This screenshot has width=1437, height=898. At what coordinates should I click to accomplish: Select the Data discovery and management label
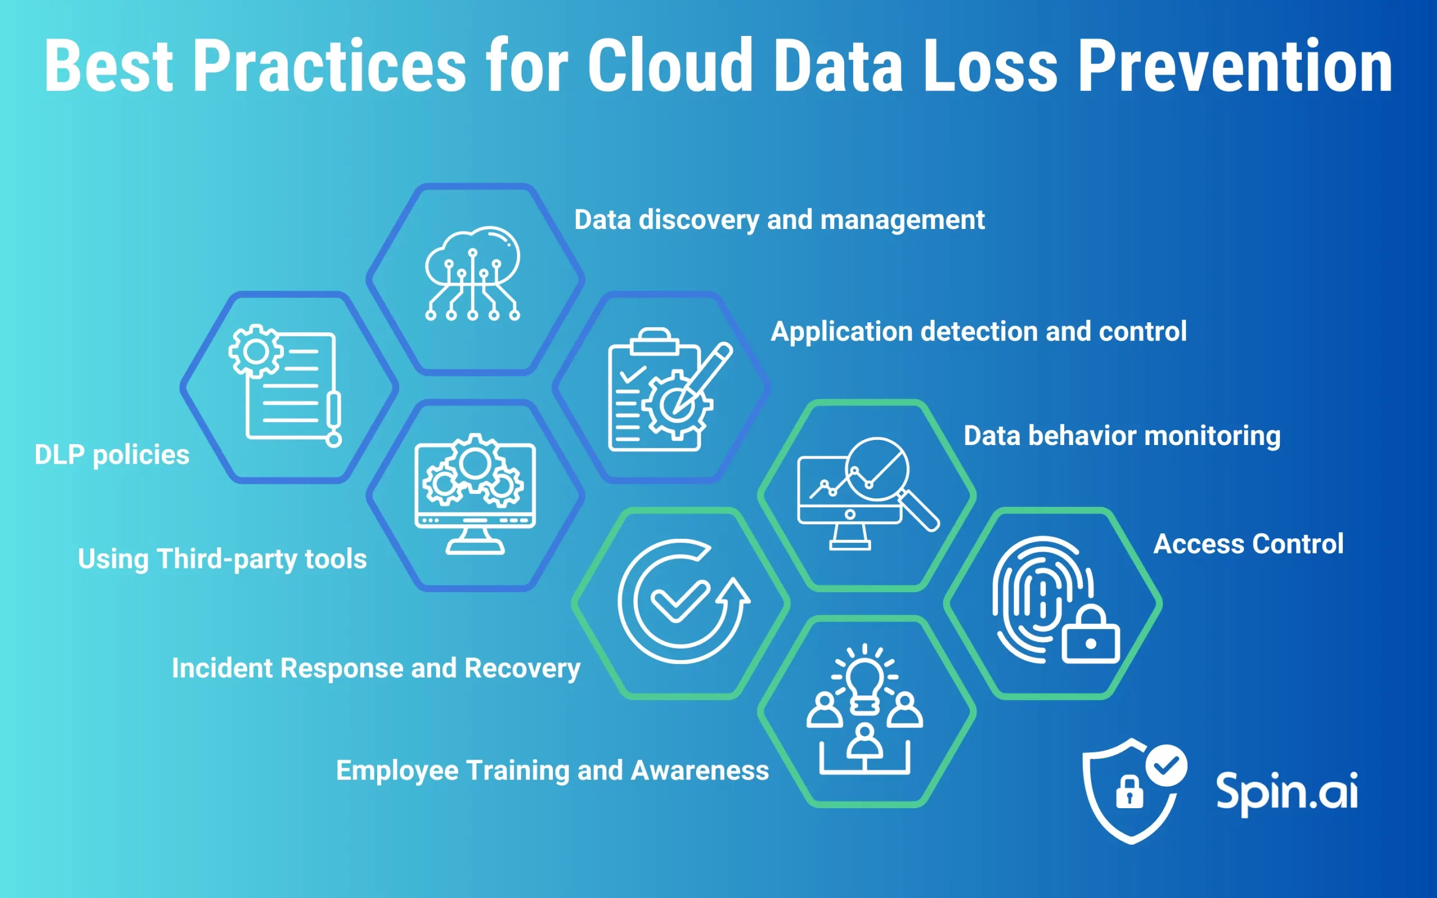click(x=779, y=220)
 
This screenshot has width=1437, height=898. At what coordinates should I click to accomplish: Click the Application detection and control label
click(x=978, y=331)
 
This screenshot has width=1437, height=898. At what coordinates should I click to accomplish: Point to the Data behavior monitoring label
click(x=1122, y=436)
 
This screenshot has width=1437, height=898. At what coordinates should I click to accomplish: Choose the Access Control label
click(x=1248, y=544)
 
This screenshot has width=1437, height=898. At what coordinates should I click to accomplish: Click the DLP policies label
click(x=112, y=455)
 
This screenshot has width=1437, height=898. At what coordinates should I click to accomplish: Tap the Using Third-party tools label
click(x=222, y=559)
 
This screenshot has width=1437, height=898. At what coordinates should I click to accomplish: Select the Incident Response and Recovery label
click(x=376, y=668)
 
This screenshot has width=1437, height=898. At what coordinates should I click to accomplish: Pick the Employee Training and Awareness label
click(x=552, y=770)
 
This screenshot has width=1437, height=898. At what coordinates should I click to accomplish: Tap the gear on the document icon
click(x=255, y=351)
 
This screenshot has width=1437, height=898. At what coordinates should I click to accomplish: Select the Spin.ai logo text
click(x=1286, y=791)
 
